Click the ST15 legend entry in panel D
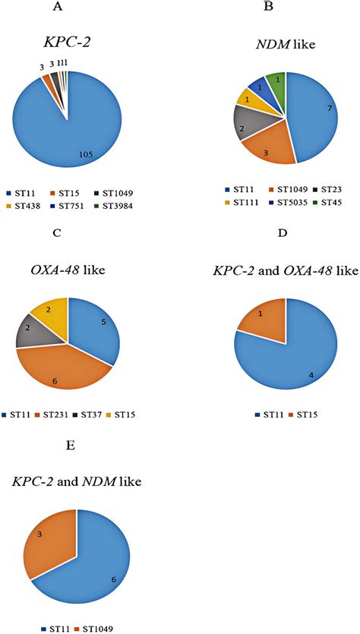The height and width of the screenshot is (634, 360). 302,415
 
